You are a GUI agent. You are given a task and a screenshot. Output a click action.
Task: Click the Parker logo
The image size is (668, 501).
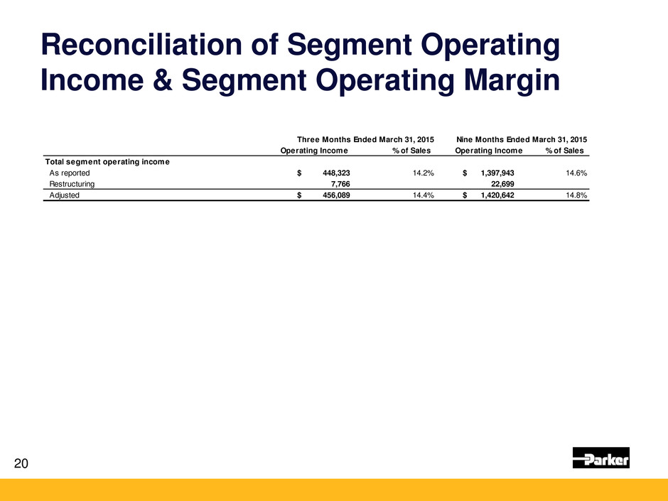point(600,458)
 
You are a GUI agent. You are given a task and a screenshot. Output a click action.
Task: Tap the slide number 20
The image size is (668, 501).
point(21,463)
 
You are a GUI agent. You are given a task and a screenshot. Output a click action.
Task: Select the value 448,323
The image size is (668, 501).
point(337,173)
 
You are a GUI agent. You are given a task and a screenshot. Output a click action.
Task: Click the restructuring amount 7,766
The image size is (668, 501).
point(340,184)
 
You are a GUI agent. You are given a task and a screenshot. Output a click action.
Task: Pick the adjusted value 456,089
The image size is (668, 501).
point(337,195)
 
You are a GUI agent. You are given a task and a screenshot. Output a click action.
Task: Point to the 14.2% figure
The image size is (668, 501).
point(424,173)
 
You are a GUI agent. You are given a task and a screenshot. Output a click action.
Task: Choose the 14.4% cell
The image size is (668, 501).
point(424,195)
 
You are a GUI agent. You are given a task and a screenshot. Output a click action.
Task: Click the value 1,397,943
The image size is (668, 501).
point(497,173)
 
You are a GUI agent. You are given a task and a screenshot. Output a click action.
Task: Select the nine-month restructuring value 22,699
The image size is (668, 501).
point(502,184)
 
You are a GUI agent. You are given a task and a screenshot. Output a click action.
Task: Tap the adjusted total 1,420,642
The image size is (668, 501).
point(497,195)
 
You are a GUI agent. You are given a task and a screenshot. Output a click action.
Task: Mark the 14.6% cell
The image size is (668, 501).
point(576,173)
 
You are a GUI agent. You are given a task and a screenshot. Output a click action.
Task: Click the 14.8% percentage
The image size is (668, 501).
point(576,195)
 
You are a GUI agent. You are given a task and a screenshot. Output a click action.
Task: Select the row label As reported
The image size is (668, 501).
point(70,173)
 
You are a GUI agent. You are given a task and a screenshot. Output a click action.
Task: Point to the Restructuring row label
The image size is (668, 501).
point(72,184)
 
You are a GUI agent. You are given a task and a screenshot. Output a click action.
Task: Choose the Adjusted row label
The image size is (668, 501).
point(65,195)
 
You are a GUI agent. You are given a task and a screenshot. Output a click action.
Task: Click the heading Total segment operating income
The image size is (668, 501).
point(107,162)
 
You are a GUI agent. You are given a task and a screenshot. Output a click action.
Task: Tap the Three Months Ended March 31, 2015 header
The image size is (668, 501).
point(365,139)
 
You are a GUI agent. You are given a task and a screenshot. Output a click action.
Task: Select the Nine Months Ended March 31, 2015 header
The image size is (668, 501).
point(522,139)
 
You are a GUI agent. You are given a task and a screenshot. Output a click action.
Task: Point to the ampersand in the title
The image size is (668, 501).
point(162,80)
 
